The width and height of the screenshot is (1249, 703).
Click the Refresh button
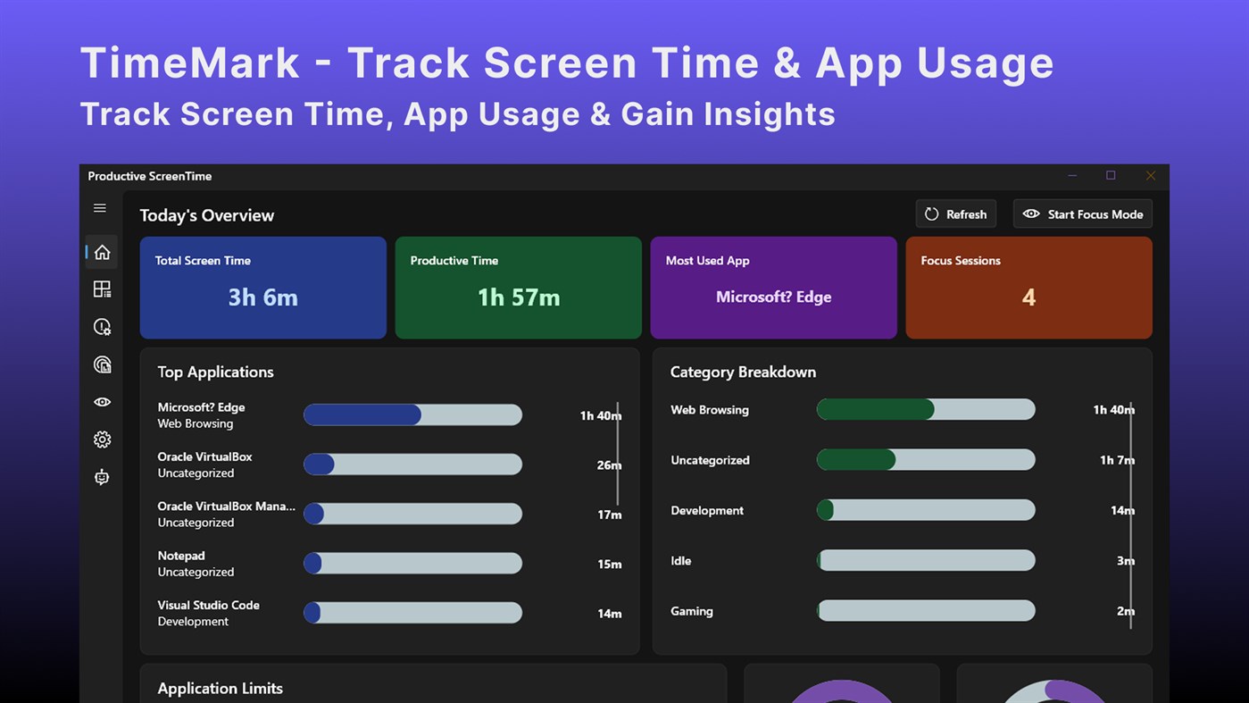pyautogui.click(x=955, y=214)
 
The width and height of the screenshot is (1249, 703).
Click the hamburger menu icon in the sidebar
pyautogui.click(x=100, y=208)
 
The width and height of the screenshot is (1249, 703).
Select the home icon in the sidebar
pyautogui.click(x=102, y=252)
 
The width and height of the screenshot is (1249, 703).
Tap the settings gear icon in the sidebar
pyautogui.click(x=102, y=439)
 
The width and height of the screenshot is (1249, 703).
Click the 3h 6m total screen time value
pyautogui.click(x=262, y=297)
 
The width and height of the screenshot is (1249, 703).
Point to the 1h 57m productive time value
pyautogui.click(x=518, y=297)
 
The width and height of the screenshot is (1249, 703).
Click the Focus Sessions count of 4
pyautogui.click(x=1028, y=297)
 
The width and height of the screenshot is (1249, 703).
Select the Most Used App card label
pyautogui.click(x=707, y=261)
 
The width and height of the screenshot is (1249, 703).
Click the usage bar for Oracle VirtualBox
pyautogui.click(x=412, y=464)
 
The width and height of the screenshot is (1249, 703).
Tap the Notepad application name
pyautogui.click(x=181, y=556)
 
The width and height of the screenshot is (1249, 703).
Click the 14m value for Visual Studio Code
pyautogui.click(x=609, y=614)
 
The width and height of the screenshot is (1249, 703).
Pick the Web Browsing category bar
pyautogui.click(x=926, y=410)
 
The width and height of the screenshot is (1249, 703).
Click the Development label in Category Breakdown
pyautogui.click(x=706, y=511)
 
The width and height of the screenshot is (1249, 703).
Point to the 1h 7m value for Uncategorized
pyautogui.click(x=1116, y=460)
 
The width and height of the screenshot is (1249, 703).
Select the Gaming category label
pyautogui.click(x=691, y=612)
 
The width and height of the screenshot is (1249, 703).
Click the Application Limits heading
pyautogui.click(x=220, y=689)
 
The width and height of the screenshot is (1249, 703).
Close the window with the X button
pyautogui.click(x=1150, y=176)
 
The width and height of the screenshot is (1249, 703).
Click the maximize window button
pyautogui.click(x=1111, y=176)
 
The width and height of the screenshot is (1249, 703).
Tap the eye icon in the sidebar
pyautogui.click(x=102, y=402)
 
